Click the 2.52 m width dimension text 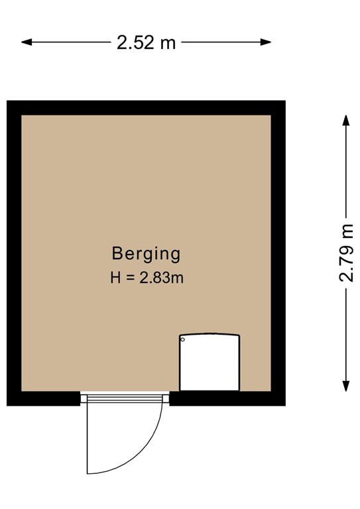tap(146, 43)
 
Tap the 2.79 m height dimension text tap(346, 253)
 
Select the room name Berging tap(146, 253)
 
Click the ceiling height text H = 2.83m tap(147, 278)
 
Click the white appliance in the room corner tap(210, 363)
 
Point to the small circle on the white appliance tap(184, 340)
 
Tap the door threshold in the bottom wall tap(125, 398)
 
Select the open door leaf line tap(88, 437)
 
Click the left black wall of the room tap(14, 252)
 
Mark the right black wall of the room tap(278, 252)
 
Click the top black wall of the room tap(146, 107)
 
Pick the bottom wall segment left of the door tap(44, 398)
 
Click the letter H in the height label tap(115, 278)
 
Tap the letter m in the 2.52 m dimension tap(169, 44)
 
